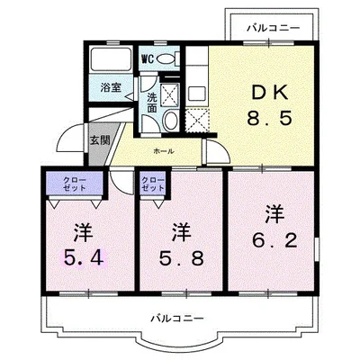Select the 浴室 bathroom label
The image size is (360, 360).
[111, 88]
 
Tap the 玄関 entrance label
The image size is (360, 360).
[98, 140]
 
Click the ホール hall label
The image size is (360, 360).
[164, 151]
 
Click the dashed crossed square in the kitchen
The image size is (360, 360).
[196, 120]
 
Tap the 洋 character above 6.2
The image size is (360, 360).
[274, 213]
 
